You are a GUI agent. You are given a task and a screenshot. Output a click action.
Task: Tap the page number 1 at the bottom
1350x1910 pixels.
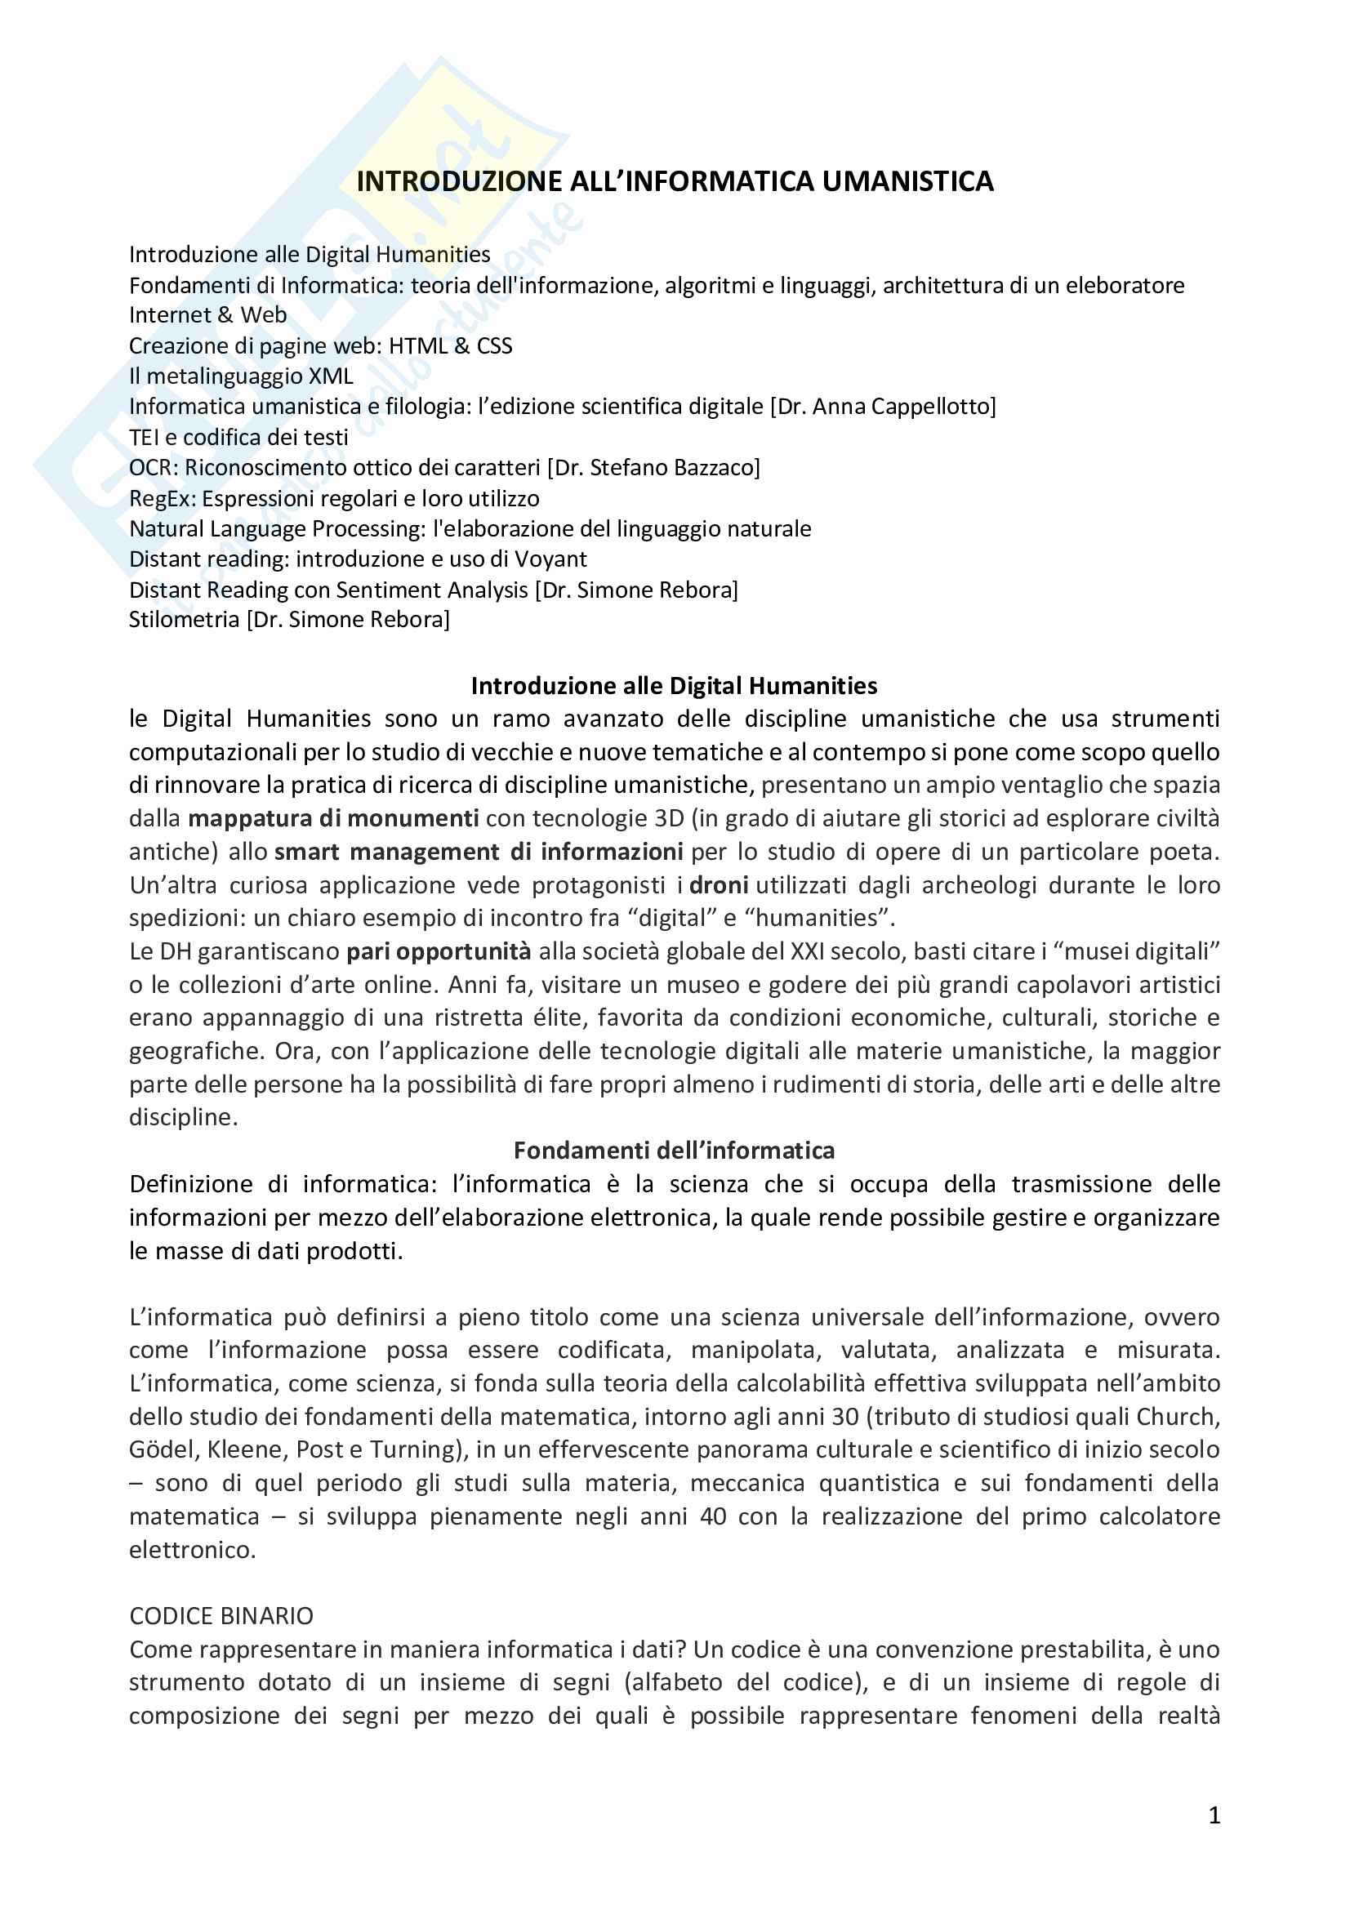point(1214,1815)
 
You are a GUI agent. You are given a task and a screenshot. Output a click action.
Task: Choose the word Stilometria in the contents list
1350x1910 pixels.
point(184,620)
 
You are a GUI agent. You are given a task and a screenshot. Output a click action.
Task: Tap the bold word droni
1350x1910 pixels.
point(719,885)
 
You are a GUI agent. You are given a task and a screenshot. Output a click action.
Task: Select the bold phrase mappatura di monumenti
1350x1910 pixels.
point(332,818)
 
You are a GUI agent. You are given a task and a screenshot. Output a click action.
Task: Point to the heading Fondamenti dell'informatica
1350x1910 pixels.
point(674,1151)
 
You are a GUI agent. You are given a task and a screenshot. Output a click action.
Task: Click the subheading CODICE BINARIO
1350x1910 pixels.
point(221,1616)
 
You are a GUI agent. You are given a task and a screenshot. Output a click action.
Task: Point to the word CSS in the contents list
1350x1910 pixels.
point(494,346)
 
